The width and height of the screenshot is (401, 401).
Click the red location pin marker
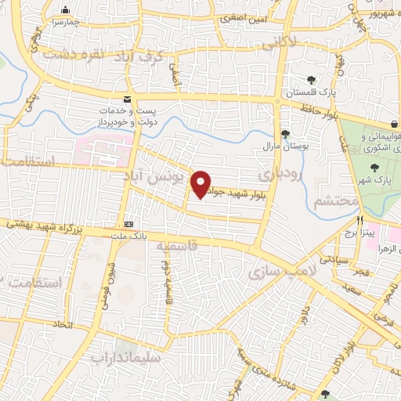[x=201, y=184]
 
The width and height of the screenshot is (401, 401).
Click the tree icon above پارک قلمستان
[x=311, y=80]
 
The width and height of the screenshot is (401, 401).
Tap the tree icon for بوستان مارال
[x=284, y=133]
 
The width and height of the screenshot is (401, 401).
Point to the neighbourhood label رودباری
[x=278, y=173]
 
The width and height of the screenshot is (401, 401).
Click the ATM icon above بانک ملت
[x=128, y=222]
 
